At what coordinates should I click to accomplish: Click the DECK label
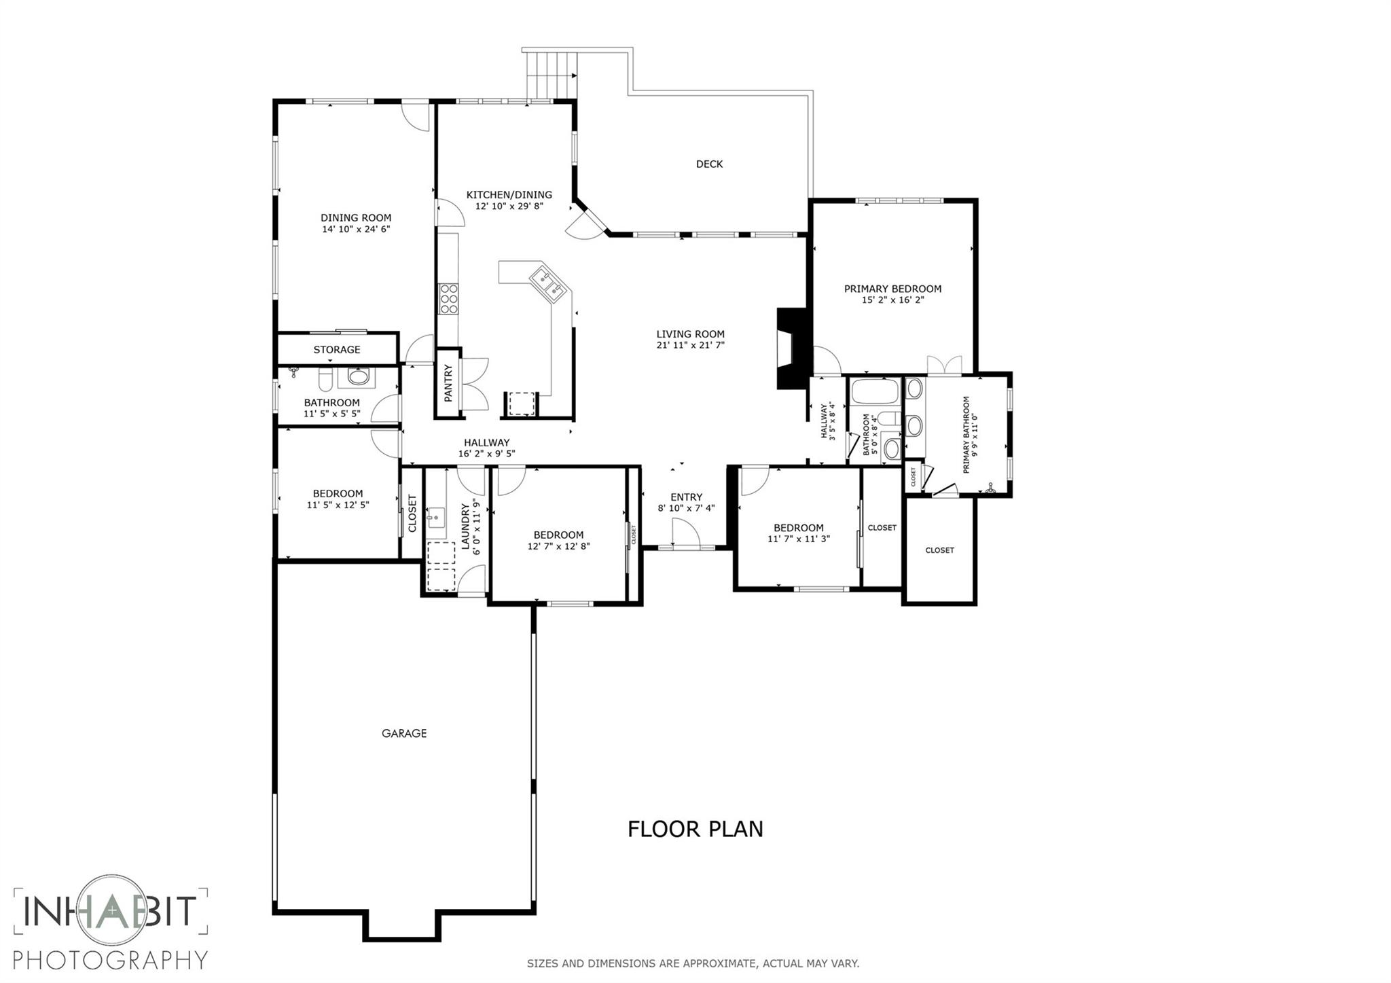pyautogui.click(x=709, y=164)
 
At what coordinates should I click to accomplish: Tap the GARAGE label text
pyautogui.click(x=403, y=733)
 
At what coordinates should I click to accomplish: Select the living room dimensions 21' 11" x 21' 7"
pyautogui.click(x=690, y=345)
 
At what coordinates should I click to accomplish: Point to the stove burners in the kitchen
pyautogui.click(x=448, y=299)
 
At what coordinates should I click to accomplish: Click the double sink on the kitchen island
pyautogui.click(x=548, y=284)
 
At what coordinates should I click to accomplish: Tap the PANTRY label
pyautogui.click(x=448, y=383)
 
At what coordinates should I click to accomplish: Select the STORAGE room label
pyautogui.click(x=337, y=350)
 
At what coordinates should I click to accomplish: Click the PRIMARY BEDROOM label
pyautogui.click(x=892, y=289)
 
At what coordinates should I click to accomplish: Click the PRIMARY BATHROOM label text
pyautogui.click(x=967, y=435)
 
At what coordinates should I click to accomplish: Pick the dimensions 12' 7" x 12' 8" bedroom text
pyautogui.click(x=558, y=546)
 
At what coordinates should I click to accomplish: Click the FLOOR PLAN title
pyautogui.click(x=695, y=829)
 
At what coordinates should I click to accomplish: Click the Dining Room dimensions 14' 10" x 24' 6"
pyautogui.click(x=356, y=230)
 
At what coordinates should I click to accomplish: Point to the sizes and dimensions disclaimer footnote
pyautogui.click(x=693, y=963)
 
